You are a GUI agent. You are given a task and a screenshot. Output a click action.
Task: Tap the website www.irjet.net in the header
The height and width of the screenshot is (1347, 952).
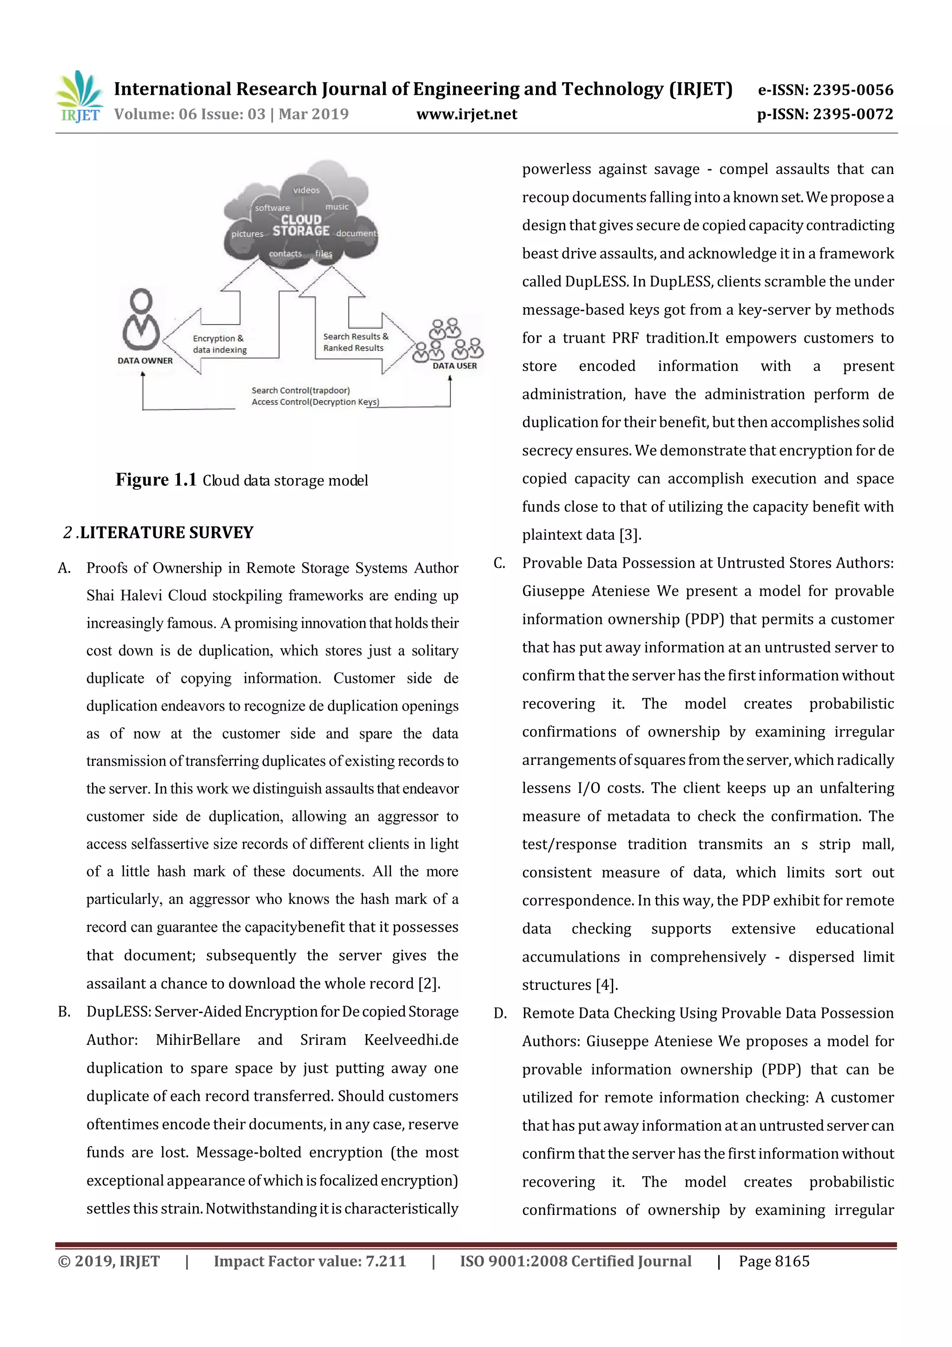click(x=466, y=114)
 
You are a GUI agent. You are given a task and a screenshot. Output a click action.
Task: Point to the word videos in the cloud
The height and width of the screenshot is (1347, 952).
click(x=306, y=190)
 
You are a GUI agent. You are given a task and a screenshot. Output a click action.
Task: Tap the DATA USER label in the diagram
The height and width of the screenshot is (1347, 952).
click(x=455, y=365)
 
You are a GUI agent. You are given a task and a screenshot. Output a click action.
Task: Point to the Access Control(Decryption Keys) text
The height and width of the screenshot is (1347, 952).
click(x=315, y=402)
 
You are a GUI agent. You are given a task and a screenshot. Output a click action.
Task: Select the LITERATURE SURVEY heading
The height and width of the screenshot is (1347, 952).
click(x=166, y=533)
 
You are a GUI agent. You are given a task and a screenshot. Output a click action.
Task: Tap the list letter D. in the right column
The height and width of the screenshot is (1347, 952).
click(x=500, y=1013)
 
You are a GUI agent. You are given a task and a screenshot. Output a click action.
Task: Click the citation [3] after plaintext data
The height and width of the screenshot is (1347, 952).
click(x=631, y=535)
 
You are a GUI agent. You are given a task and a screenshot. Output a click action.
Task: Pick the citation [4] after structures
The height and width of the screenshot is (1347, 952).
click(x=607, y=985)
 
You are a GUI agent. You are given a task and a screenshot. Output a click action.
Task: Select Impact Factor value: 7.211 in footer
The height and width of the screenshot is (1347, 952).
click(x=310, y=1261)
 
